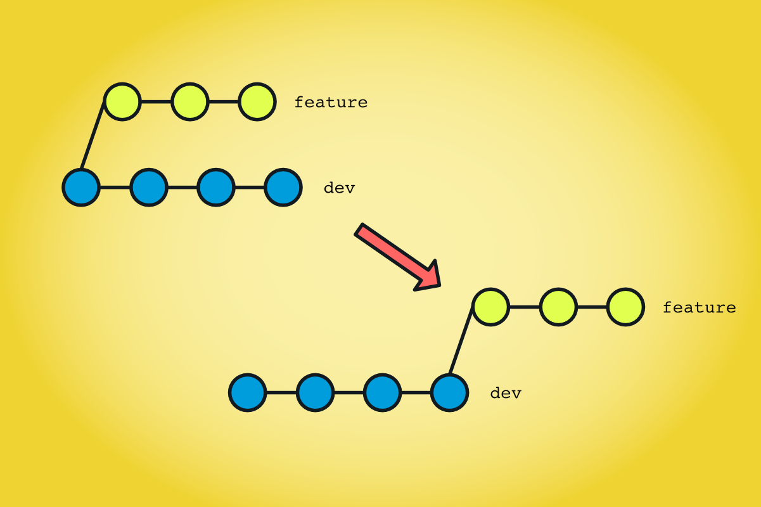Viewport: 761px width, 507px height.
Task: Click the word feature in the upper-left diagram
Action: [x=331, y=102]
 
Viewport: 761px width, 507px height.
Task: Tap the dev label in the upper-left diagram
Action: [x=339, y=188]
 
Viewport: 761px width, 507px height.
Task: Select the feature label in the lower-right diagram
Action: [x=699, y=307]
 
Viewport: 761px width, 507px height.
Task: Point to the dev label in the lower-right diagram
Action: [x=506, y=393]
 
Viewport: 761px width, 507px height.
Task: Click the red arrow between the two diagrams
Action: [x=396, y=256]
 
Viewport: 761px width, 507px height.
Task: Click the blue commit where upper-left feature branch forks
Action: [x=81, y=188]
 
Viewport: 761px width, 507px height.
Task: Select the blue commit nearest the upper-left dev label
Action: [x=283, y=188]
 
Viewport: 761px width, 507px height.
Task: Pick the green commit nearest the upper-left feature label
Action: [x=257, y=101]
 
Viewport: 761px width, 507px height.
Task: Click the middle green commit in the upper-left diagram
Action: [x=190, y=101]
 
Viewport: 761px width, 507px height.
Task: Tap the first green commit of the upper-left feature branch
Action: [x=122, y=101]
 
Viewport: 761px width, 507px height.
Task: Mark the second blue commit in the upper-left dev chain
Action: [x=149, y=188]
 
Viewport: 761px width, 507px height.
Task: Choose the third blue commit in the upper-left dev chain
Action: [x=216, y=188]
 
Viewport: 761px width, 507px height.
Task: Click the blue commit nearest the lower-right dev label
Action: [x=450, y=393]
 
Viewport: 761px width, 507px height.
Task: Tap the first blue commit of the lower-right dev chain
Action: [x=248, y=393]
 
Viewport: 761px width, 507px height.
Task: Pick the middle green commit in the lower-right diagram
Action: [x=558, y=307]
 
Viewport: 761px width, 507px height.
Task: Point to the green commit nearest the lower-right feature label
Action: [x=626, y=307]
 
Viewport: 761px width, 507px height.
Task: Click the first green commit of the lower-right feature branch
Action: [x=490, y=307]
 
